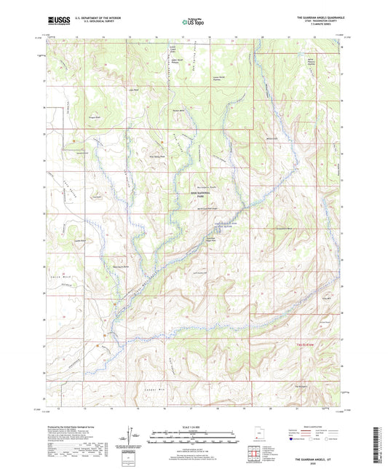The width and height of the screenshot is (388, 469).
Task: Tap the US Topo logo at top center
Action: [193, 23]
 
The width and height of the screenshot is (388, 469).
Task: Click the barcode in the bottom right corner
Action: [379, 446]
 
